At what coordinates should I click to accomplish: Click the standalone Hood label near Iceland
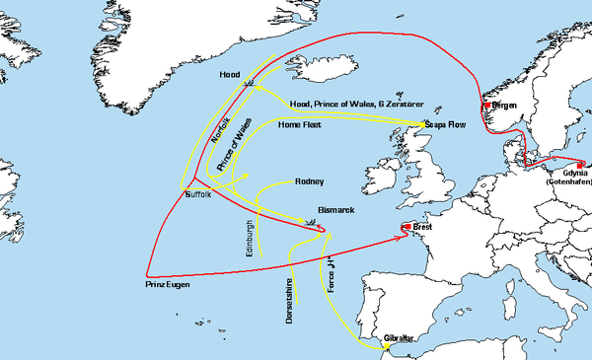point(229,74)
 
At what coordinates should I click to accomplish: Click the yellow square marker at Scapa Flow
point(425,124)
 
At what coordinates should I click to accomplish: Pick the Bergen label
point(503,105)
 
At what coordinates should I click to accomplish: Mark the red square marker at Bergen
point(486,105)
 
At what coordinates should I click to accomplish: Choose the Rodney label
point(309,181)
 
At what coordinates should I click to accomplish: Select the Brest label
point(423,227)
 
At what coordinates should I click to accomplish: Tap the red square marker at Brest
point(407,228)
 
